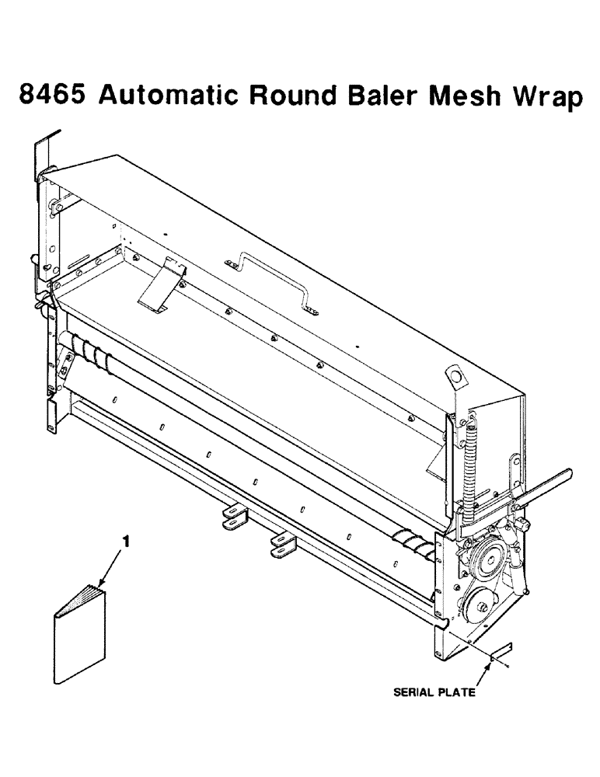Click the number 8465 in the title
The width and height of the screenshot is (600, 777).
pyautogui.click(x=55, y=97)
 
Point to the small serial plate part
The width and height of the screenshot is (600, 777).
pyautogui.click(x=500, y=648)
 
